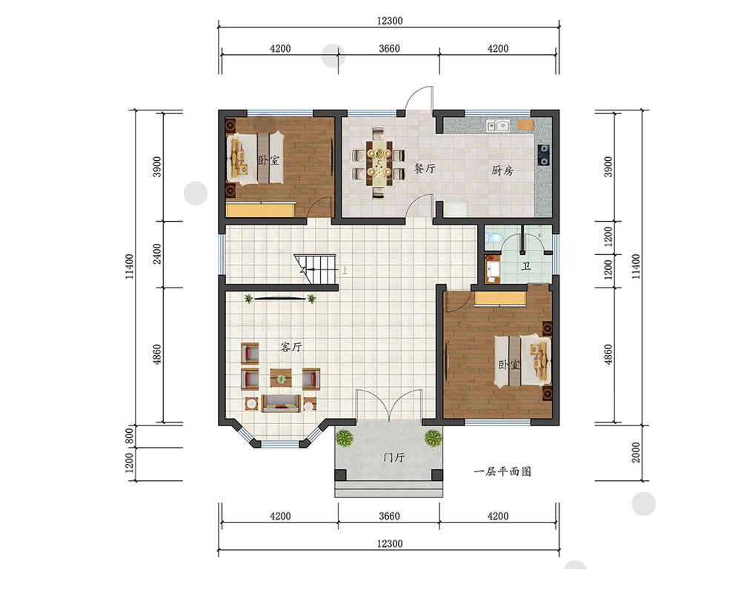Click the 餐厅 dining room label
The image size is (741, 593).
point(425,168)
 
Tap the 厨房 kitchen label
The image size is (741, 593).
point(502,170)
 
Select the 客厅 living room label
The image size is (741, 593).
point(290,347)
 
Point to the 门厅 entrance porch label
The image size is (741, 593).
point(393,457)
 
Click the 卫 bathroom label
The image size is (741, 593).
point(525,266)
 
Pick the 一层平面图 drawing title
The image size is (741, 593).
point(502,471)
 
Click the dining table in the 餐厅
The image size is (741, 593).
point(379,162)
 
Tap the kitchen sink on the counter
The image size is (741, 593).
point(498,126)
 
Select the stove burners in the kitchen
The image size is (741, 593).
point(543,155)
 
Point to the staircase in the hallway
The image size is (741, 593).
point(315,270)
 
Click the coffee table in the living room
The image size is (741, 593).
point(281,378)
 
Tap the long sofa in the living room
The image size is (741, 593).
point(281,403)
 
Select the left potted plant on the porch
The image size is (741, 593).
point(345,438)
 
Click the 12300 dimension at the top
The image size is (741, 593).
point(390,21)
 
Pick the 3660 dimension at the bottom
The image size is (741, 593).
point(390,516)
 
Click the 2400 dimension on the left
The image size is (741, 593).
point(157,254)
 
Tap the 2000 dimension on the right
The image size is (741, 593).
point(636,453)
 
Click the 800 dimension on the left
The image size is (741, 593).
point(130,436)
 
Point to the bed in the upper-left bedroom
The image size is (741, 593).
point(256,157)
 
